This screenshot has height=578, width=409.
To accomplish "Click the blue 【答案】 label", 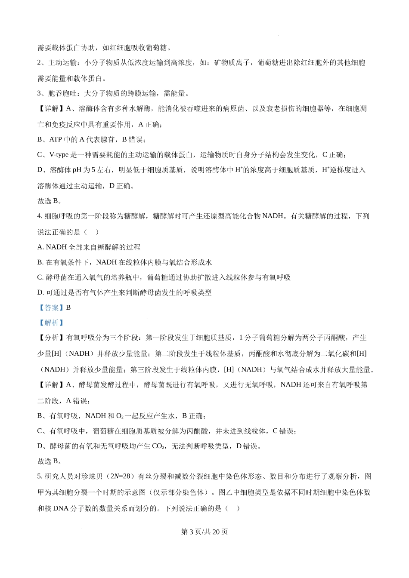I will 51,307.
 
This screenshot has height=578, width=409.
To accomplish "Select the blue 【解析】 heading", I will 51,323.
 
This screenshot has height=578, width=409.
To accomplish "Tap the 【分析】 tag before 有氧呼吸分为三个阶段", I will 51,338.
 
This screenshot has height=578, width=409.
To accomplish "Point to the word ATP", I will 56,139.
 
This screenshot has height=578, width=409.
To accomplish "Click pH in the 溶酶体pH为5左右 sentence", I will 77,170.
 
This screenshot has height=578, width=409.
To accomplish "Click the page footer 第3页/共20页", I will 204,532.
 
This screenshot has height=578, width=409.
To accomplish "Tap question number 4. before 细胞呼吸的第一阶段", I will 40,216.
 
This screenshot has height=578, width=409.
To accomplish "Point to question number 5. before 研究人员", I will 40,476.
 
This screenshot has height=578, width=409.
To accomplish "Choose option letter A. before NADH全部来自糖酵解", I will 40,247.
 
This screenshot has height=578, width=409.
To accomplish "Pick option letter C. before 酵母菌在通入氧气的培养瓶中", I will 40,277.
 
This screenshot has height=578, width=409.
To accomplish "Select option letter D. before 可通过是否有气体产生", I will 40,292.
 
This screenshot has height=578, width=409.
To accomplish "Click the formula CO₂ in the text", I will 158,446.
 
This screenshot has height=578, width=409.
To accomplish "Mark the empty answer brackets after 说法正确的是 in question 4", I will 91,232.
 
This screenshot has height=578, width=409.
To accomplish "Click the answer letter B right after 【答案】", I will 68,307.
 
